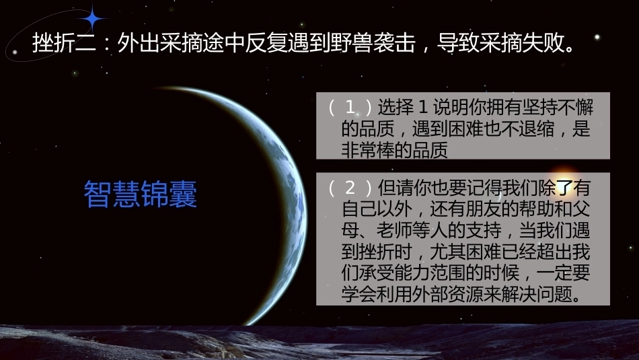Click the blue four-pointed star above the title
[x=93, y=18]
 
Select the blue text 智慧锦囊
[x=141, y=194]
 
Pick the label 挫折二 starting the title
[x=64, y=43]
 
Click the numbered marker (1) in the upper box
[x=350, y=107]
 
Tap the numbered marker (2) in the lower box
[x=350, y=188]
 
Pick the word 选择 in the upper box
[x=396, y=107]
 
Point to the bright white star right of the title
[x=597, y=37]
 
